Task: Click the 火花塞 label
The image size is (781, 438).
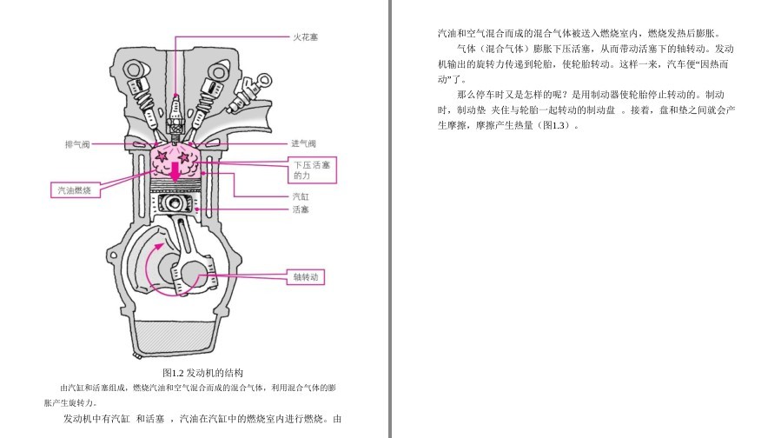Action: (x=305, y=36)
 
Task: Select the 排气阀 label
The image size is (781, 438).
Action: (x=77, y=144)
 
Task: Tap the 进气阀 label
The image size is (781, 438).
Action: (x=303, y=143)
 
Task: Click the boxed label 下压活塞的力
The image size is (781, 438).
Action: (x=312, y=170)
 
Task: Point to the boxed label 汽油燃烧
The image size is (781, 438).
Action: (x=76, y=190)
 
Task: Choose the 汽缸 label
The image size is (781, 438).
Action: (x=301, y=196)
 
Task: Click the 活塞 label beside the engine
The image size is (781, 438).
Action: (x=301, y=209)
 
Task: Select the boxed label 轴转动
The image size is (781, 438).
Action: (x=305, y=277)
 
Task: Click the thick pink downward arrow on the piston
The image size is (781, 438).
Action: (x=175, y=172)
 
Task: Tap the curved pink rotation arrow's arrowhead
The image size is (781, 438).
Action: (x=159, y=245)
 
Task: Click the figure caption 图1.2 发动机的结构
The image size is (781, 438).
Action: (x=202, y=373)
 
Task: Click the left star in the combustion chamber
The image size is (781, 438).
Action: (x=162, y=157)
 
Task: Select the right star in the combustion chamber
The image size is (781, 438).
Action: (x=184, y=157)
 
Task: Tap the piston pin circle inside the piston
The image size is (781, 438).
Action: (x=175, y=202)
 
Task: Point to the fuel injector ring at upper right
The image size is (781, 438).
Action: (x=264, y=80)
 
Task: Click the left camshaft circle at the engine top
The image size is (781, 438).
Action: (x=134, y=69)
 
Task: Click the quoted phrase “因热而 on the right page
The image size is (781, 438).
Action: (x=710, y=64)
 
